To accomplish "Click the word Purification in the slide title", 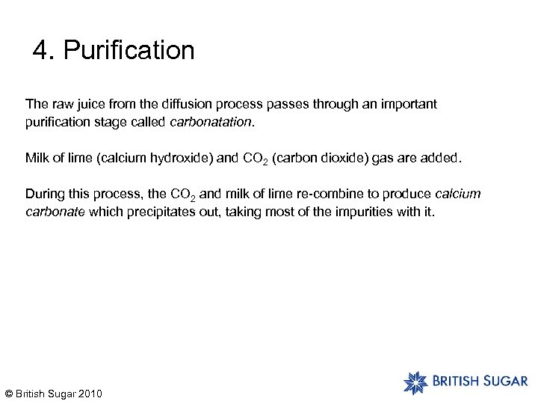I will tap(129, 52).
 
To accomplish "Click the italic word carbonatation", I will tap(214, 121).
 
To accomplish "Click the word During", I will tap(43, 195).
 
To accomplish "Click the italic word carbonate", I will tap(55, 212).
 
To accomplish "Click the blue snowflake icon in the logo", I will tap(415, 382).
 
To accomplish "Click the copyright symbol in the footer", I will tap(9, 394).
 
